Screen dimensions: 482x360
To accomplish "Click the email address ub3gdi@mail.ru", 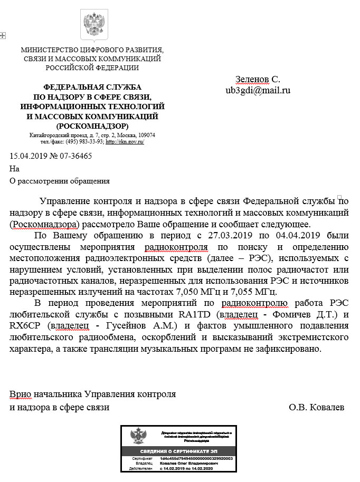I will pos(258,90).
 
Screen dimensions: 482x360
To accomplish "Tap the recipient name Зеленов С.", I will pos(258,80).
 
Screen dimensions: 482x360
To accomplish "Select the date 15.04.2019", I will pos(28,156).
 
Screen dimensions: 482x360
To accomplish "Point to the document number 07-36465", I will pos(75,156).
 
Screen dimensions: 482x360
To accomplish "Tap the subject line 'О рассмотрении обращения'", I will pos(60,181).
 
